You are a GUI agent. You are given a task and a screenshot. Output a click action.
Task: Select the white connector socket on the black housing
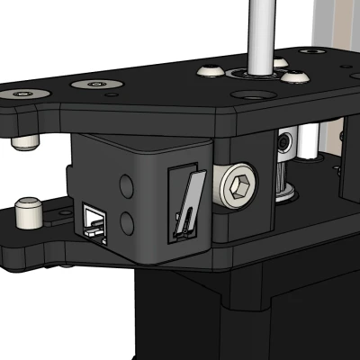click(94, 219)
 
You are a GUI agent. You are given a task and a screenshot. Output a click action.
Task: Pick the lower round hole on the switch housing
click(127, 220)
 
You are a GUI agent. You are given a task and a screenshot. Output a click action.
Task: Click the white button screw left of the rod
click(211, 70)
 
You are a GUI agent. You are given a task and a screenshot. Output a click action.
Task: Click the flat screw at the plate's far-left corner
click(19, 94)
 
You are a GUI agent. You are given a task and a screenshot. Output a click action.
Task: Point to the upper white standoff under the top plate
click(24, 141)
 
